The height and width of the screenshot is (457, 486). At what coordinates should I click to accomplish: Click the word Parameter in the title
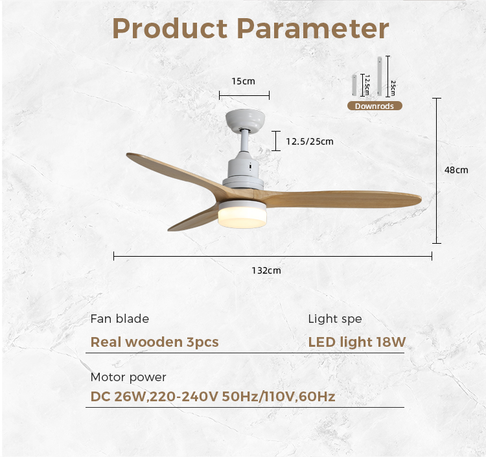(x=313, y=29)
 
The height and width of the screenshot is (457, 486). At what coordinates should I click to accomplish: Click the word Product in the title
(x=170, y=29)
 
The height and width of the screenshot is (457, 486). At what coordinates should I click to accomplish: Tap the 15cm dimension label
(x=243, y=81)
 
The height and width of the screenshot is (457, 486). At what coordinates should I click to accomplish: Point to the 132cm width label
(x=266, y=270)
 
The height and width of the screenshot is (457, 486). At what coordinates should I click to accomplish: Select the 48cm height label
(x=456, y=170)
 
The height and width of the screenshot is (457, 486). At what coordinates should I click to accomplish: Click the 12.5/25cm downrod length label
(x=310, y=141)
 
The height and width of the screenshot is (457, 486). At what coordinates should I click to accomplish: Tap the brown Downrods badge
(x=375, y=106)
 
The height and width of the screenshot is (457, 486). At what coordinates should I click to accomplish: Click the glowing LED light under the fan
(x=242, y=217)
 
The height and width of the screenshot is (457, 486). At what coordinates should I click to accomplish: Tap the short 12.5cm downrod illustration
(x=354, y=86)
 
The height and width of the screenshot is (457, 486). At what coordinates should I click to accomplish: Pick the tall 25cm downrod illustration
(x=380, y=76)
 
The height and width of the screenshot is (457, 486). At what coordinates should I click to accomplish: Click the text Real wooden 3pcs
(x=155, y=342)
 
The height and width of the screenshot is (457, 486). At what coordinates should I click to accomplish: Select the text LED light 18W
(x=357, y=342)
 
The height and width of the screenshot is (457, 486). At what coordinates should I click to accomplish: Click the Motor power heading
(x=128, y=377)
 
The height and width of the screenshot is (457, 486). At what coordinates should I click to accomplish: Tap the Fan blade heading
(x=120, y=319)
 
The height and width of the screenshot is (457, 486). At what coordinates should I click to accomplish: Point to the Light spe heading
(x=335, y=319)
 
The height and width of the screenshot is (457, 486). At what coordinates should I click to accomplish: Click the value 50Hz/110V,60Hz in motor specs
(x=279, y=397)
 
